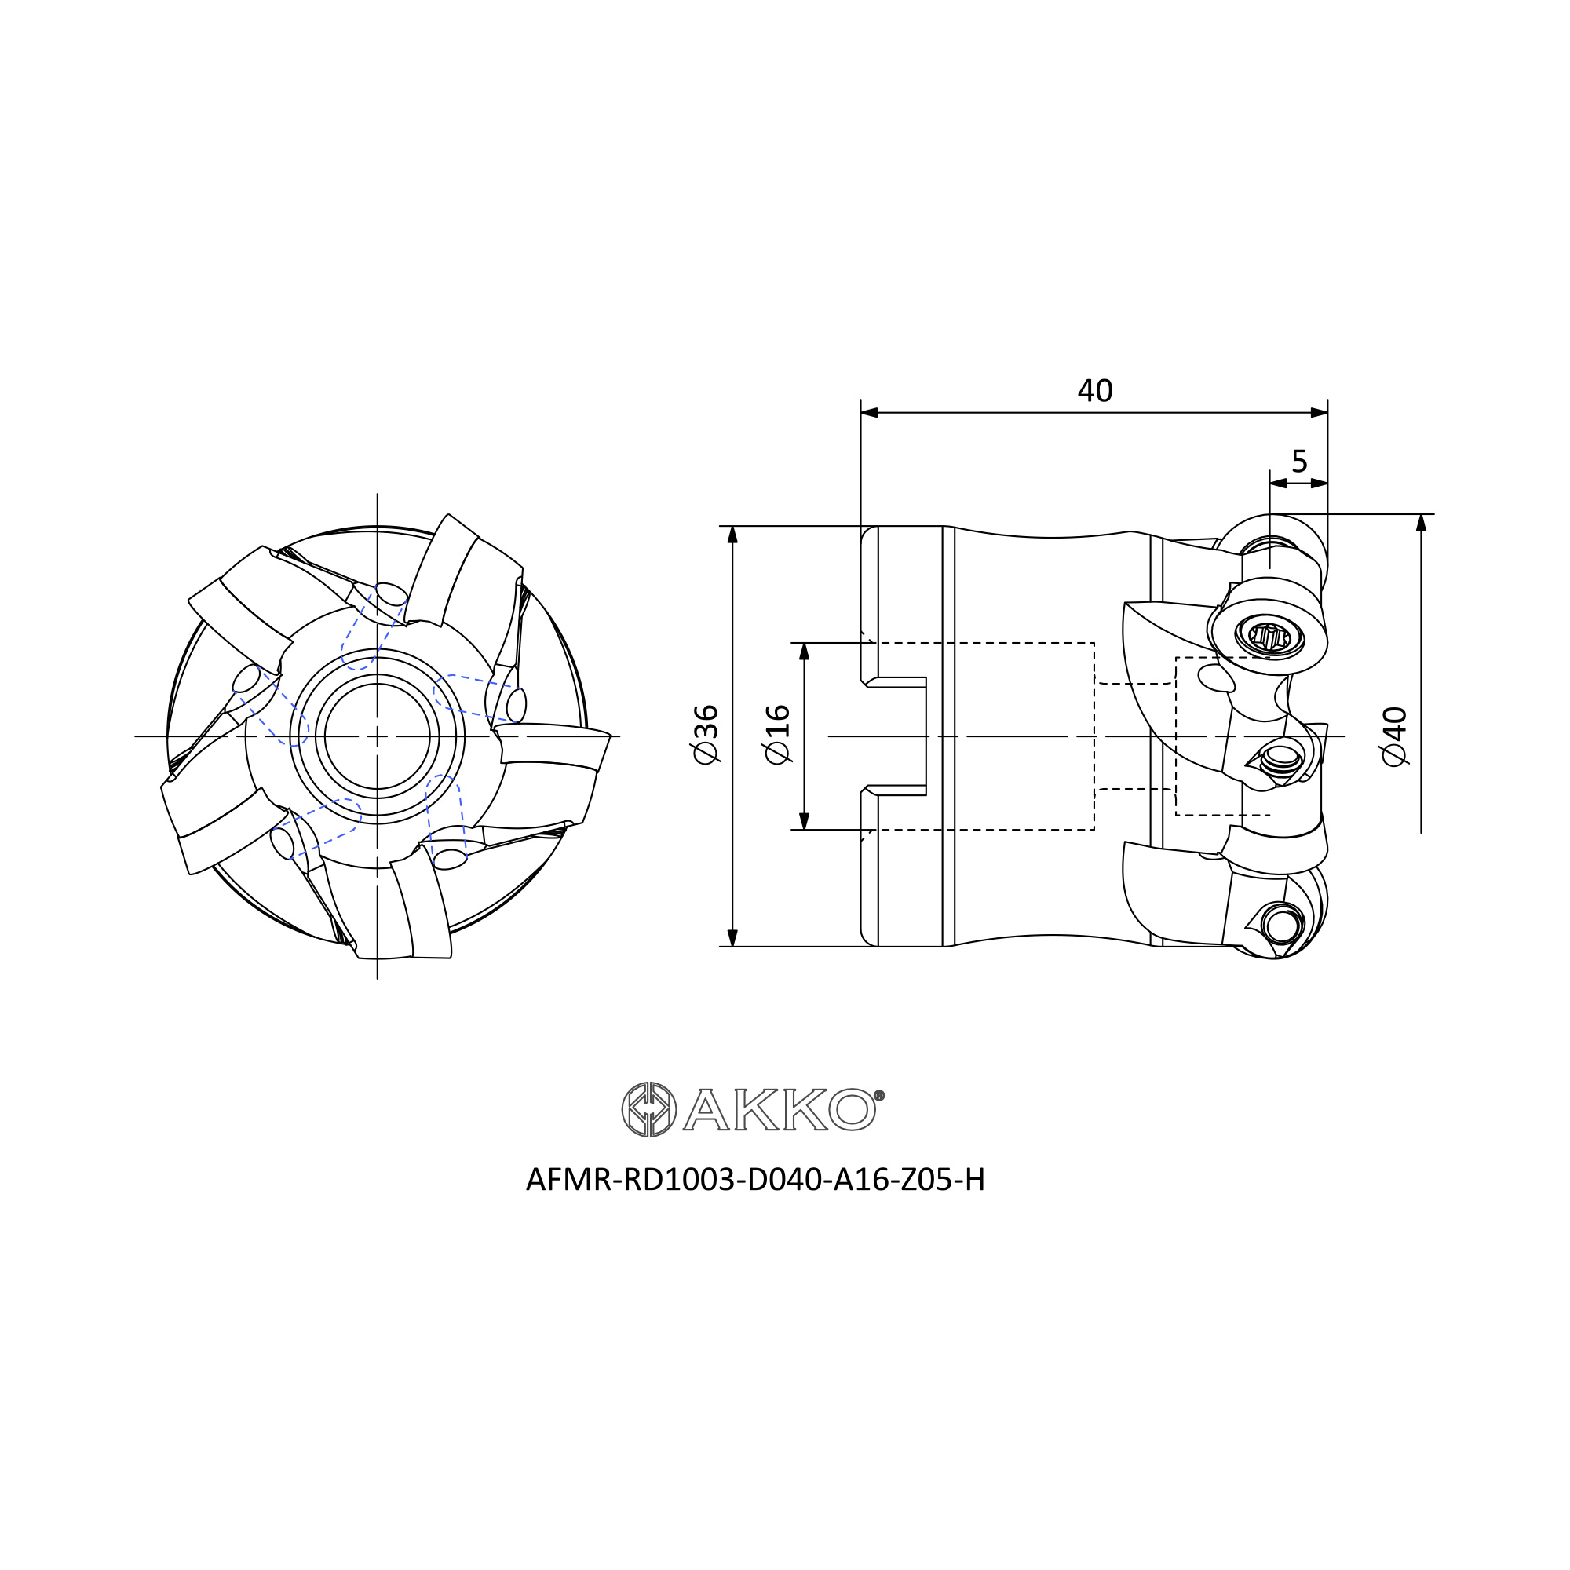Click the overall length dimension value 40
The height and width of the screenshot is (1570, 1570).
tap(1094, 391)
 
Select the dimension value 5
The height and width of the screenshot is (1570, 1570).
tap(1299, 462)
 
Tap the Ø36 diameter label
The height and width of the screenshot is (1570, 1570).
tap(706, 735)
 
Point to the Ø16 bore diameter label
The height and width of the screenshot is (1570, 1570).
tap(778, 735)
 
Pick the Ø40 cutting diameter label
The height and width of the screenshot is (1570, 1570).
tap(1394, 736)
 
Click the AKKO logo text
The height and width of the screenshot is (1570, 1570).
tap(780, 1109)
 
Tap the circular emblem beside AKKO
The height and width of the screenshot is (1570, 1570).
tap(648, 1109)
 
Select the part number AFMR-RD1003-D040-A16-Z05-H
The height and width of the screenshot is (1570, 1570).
tap(756, 1181)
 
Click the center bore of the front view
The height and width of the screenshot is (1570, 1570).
tap(377, 736)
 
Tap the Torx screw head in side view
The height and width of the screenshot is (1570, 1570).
tap(1269, 636)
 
